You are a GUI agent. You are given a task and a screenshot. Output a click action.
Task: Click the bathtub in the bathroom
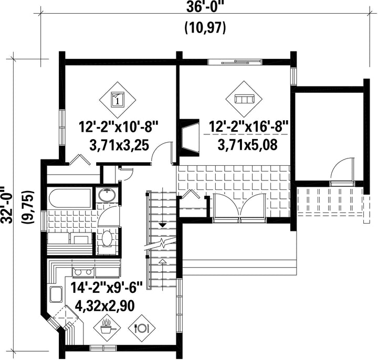pyautogui.click(x=70, y=198)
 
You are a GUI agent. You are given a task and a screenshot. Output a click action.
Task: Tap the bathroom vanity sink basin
pyautogui.click(x=107, y=195)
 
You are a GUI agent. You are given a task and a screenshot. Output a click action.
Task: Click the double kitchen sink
pyautogui.click(x=83, y=272)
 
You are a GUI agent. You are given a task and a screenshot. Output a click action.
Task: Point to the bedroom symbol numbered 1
pyautogui.click(x=118, y=100)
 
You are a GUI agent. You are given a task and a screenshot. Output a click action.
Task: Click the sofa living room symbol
pyautogui.click(x=244, y=99)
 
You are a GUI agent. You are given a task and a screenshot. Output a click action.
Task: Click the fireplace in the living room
pyautogui.click(x=190, y=138)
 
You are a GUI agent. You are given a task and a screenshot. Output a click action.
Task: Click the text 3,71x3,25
pyautogui.click(x=119, y=145)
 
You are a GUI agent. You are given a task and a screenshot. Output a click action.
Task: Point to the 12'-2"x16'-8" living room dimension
pyautogui.click(x=248, y=126)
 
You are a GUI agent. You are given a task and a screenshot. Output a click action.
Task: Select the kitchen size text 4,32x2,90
pyautogui.click(x=105, y=306)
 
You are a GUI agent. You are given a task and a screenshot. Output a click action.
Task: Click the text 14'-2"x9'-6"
pyautogui.click(x=107, y=287)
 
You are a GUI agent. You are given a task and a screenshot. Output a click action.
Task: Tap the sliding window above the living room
pyautogui.click(x=235, y=62)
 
